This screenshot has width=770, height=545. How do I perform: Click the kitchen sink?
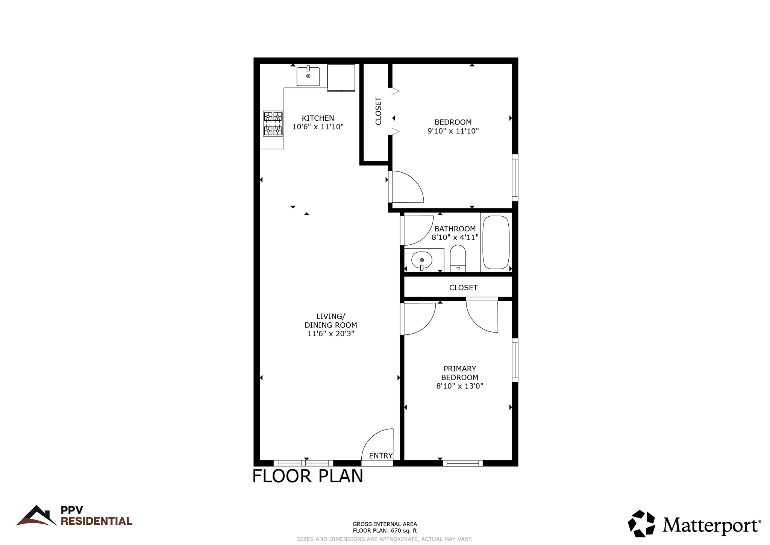tap(308, 77)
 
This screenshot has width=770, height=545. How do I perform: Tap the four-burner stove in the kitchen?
tap(273, 123)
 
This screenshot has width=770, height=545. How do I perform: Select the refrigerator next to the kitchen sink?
tap(341, 78)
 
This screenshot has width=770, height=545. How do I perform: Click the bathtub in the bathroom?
tap(496, 242)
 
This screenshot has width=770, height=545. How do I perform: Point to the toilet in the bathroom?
tap(458, 258)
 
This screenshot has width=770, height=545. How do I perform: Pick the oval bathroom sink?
tap(421, 260)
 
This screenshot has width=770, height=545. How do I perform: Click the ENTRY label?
tap(380, 456)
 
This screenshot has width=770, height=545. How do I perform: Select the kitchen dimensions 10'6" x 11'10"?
tap(318, 127)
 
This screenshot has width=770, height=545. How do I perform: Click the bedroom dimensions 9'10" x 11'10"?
tap(453, 131)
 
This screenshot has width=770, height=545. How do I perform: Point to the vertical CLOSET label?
tap(378, 111)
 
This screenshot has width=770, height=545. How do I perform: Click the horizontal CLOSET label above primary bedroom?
tap(463, 288)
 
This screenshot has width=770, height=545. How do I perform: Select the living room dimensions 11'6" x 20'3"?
tap(330, 334)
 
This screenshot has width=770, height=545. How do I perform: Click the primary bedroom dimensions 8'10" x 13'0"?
tap(459, 386)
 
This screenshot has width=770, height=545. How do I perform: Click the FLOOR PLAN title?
tap(308, 476)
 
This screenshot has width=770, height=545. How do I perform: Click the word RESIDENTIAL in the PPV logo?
tap(96, 521)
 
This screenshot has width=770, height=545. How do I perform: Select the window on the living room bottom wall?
tap(303, 463)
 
